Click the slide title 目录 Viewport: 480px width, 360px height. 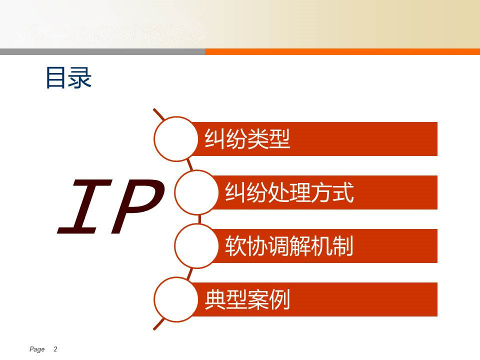(68, 78)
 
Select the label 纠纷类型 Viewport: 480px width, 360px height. (247, 139)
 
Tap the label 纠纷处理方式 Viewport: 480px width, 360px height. (289, 192)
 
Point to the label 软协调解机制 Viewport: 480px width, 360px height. (289, 246)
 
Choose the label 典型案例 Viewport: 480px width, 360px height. (247, 299)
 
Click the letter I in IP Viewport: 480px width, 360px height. (85, 206)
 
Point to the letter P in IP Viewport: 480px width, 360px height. (138, 206)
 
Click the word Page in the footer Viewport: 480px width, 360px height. (37, 349)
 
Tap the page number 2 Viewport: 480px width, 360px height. (55, 349)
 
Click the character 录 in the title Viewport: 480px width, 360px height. (80, 78)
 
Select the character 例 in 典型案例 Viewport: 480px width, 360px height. (279, 299)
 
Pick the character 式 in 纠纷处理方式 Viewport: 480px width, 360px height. (343, 192)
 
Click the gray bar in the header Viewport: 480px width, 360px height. (102, 51)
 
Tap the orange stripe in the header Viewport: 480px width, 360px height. (342, 51)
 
